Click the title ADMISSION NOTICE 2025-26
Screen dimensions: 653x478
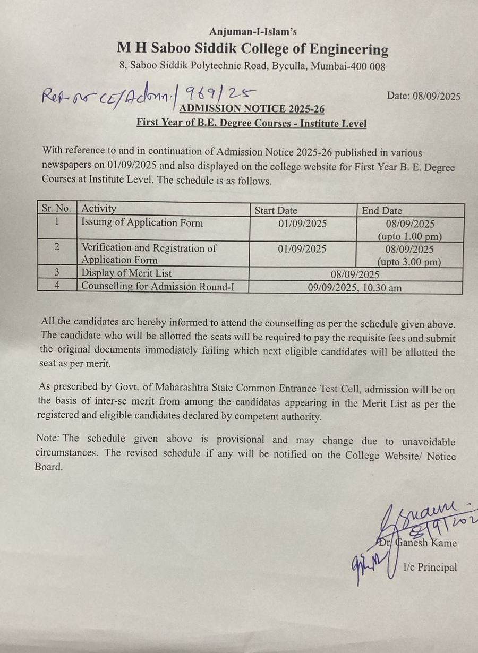click(252, 109)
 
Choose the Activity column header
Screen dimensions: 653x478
click(99, 209)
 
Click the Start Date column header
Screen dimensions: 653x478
click(276, 211)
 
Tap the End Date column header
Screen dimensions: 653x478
click(382, 211)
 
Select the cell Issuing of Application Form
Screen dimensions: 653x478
click(142, 223)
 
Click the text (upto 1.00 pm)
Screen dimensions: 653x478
click(409, 236)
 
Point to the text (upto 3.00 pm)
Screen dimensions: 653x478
click(409, 262)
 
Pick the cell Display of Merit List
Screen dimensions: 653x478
click(126, 273)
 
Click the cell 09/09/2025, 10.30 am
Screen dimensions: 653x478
click(355, 288)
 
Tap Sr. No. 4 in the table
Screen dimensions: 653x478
click(57, 286)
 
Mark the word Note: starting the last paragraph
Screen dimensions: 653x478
click(48, 439)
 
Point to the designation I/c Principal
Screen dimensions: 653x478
click(430, 568)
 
